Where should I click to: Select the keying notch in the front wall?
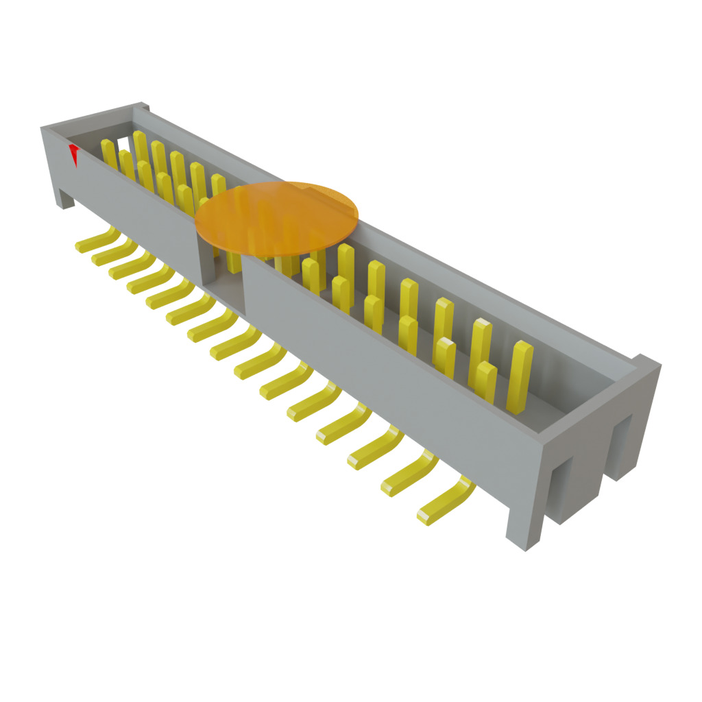tap(221, 274)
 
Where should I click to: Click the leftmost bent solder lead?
tap(96, 241)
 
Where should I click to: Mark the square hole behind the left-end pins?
tap(122, 144)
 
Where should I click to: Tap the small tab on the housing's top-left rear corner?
tap(143, 106)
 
